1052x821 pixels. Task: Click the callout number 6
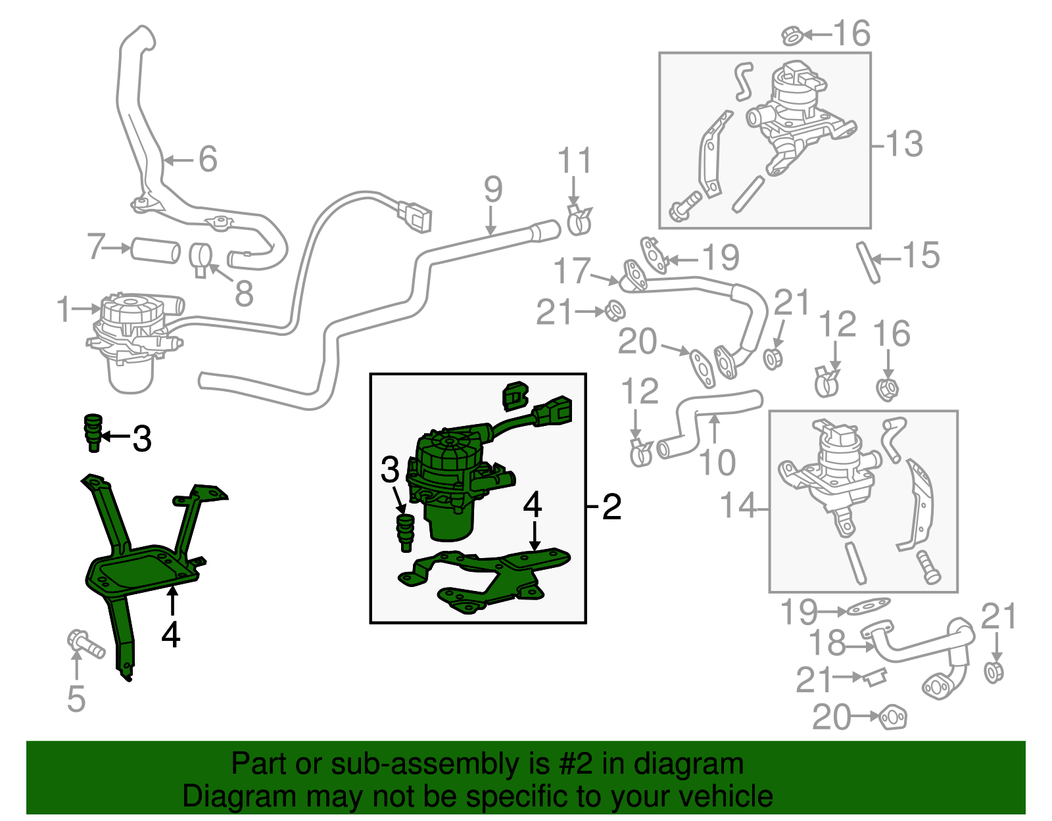208,159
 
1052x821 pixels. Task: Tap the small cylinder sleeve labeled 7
155,250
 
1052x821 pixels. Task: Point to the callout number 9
492,189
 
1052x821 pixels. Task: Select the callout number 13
905,144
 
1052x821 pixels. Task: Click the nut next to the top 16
792,35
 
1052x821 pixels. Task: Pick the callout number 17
572,271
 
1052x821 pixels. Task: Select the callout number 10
717,462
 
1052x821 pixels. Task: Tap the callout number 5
76,698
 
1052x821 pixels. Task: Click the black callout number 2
611,507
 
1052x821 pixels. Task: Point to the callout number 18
826,644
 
